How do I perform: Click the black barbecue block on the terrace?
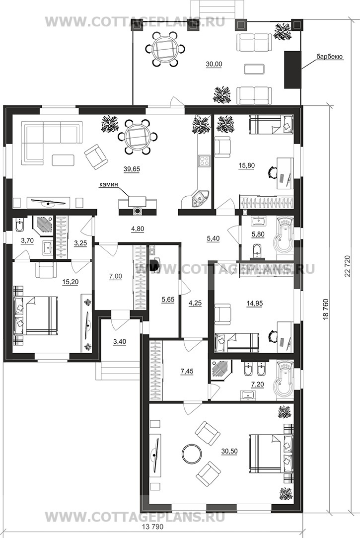click(x=292, y=70)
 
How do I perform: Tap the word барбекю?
click(x=330, y=57)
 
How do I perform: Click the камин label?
click(x=108, y=185)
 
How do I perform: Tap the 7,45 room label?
click(x=186, y=371)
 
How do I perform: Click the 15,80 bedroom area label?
click(x=246, y=166)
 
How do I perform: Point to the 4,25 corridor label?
click(x=195, y=303)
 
